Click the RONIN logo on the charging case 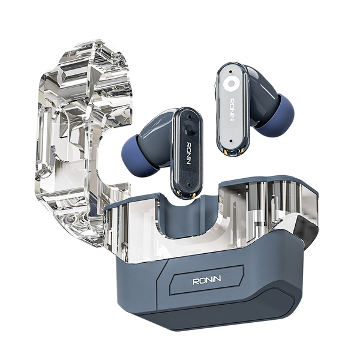(206, 280)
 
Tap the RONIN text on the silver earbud (232, 110)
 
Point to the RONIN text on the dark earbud (189, 153)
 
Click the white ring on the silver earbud (230, 83)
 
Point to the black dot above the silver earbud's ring (230, 71)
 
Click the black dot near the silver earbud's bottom (232, 142)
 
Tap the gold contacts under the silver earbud (234, 151)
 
